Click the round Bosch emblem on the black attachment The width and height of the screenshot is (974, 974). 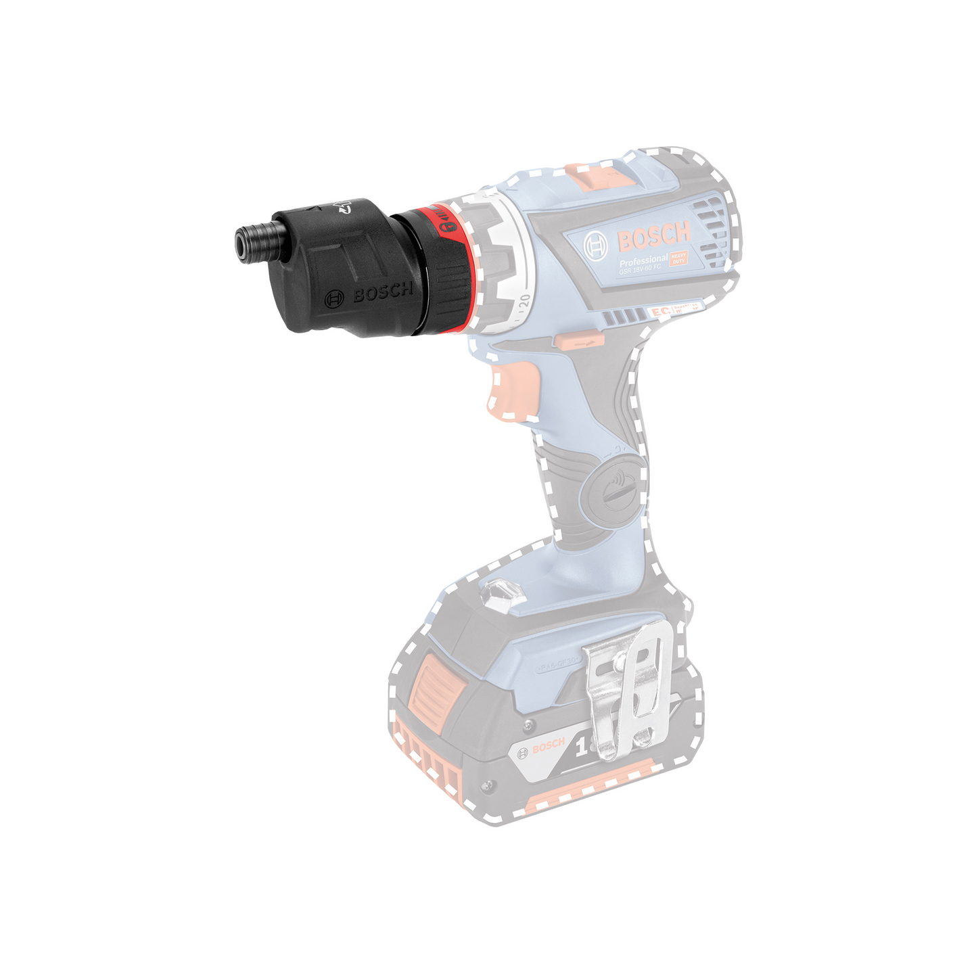pyautogui.click(x=334, y=299)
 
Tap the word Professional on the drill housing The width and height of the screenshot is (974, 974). pyautogui.click(x=643, y=260)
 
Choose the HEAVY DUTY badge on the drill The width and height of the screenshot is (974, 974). pyautogui.click(x=678, y=258)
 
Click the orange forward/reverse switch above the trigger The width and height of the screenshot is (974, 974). pyautogui.click(x=577, y=342)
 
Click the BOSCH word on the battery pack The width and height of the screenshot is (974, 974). pyautogui.click(x=549, y=745)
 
